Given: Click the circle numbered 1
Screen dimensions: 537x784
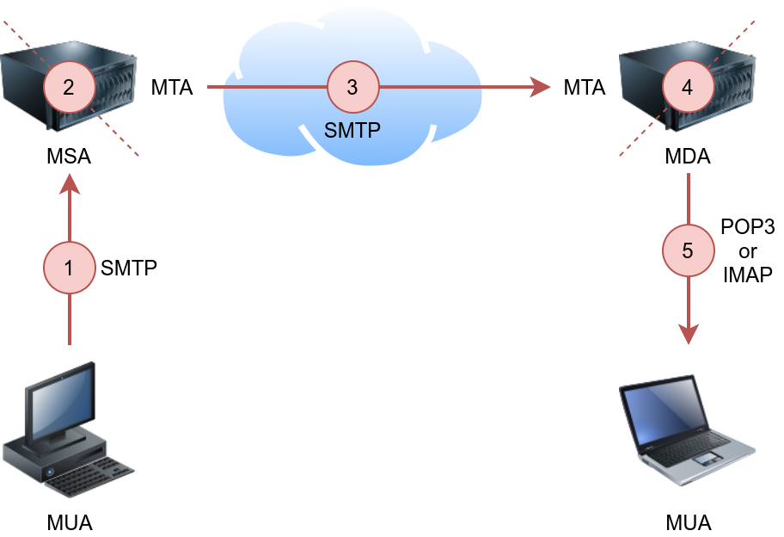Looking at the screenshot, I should point(70,268).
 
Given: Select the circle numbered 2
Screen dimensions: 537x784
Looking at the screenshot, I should point(70,87).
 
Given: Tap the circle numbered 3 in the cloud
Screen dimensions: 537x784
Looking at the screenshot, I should point(352,87).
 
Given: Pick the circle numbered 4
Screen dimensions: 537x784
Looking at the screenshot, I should point(687,87).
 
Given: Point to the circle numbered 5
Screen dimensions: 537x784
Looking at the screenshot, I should point(688,250).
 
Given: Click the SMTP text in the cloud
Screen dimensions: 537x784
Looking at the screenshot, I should point(352,131).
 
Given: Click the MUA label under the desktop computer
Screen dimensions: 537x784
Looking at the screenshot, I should point(70,522).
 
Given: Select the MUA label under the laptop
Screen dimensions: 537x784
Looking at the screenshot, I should point(689,522).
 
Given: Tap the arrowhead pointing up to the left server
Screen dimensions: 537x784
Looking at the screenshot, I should point(70,182).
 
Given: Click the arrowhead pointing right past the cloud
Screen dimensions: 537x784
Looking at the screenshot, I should point(542,87).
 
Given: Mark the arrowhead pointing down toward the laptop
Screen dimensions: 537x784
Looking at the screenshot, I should point(689,336).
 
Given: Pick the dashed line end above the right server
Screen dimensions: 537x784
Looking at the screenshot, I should point(755,21).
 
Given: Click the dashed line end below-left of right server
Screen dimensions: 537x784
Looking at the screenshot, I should point(622,155).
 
